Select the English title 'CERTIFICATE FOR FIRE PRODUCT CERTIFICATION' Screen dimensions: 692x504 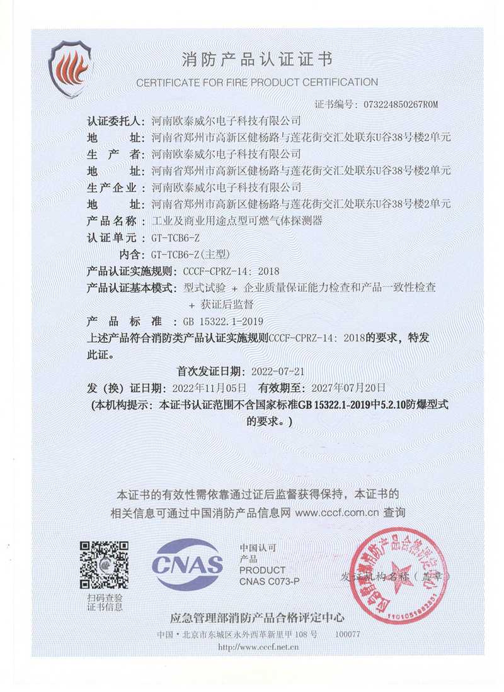coord(256,82)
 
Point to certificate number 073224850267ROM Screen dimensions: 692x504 coord(397,104)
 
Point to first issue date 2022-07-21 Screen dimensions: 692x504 coord(278,371)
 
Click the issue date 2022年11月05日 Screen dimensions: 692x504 coord(212,388)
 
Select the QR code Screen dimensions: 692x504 coord(105,564)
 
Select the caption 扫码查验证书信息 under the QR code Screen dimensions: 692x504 coord(105,602)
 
